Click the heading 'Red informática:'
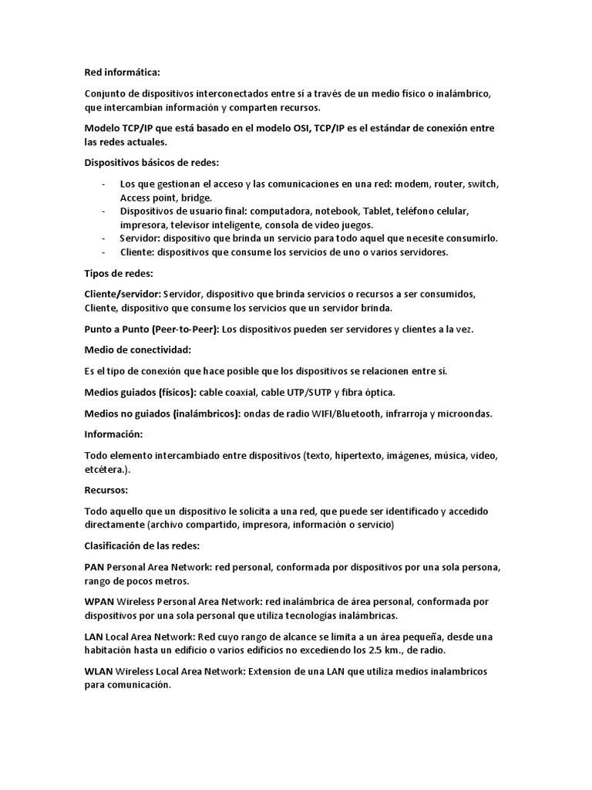pyautogui.click(x=122, y=73)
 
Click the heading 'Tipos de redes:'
pyautogui.click(x=118, y=273)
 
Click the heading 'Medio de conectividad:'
pyautogui.click(x=137, y=349)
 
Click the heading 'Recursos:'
pyautogui.click(x=106, y=490)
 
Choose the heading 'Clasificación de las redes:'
pyautogui.click(x=142, y=546)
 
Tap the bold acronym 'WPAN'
pyautogui.click(x=99, y=601)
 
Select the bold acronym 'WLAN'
pyautogui.click(x=99, y=671)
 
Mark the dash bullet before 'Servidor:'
pyautogui.click(x=103, y=238)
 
